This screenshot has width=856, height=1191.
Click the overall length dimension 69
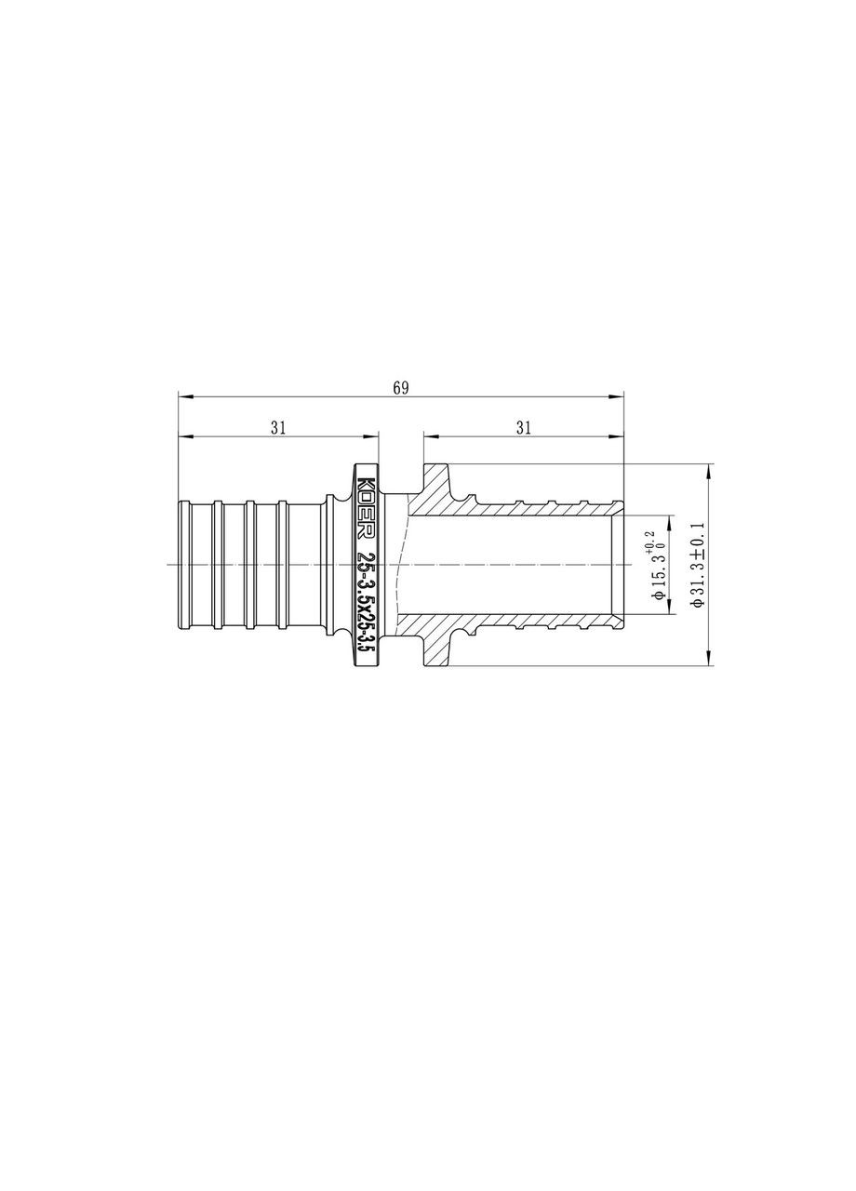(x=400, y=388)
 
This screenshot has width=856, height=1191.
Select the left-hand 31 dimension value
(x=277, y=427)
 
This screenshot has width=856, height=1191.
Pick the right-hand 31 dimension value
(x=523, y=427)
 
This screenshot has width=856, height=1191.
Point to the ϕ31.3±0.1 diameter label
(x=699, y=564)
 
